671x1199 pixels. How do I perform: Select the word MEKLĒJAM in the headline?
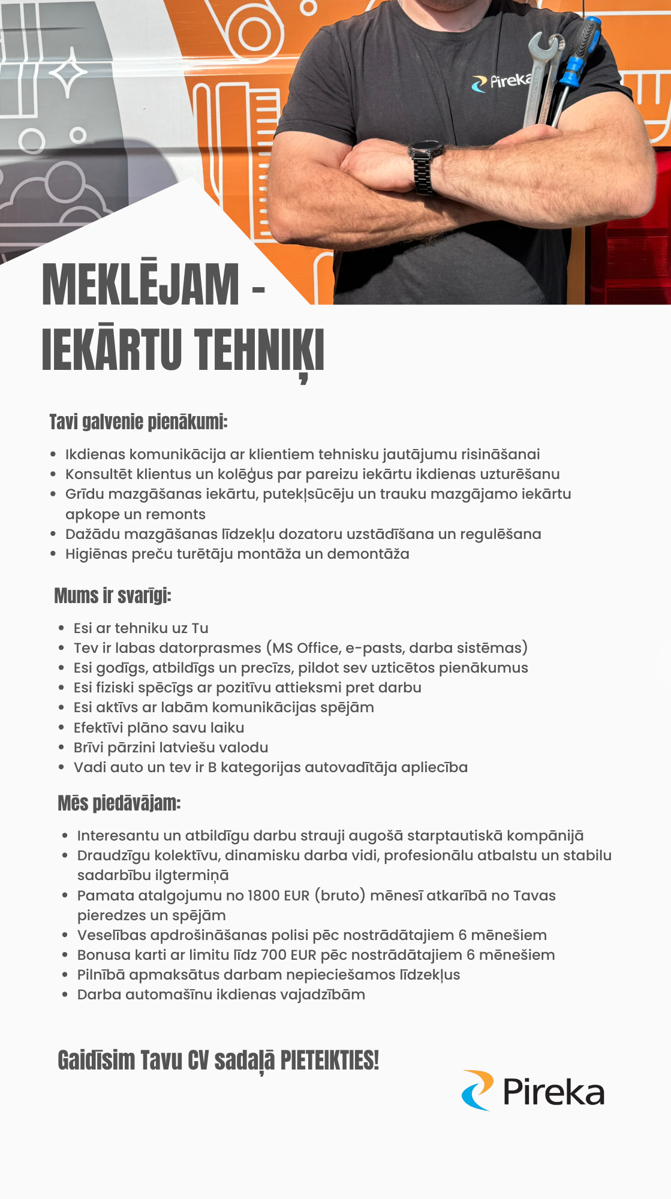[140, 285]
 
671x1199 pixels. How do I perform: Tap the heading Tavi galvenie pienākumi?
[139, 422]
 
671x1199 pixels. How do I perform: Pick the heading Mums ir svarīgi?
[113, 596]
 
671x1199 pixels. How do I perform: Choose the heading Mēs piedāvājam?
[119, 803]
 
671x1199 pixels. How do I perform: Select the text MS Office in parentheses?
[306, 648]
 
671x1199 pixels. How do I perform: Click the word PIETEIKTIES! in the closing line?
[330, 1060]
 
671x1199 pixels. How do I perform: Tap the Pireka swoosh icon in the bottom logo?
[477, 1090]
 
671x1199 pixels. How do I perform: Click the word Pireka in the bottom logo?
[553, 1092]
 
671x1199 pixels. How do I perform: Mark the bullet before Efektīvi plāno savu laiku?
[62, 728]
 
